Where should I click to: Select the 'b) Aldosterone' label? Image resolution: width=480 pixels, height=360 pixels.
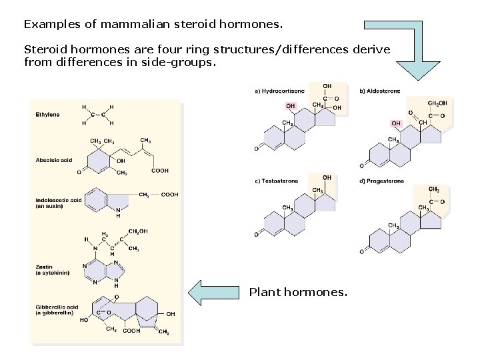click(380, 91)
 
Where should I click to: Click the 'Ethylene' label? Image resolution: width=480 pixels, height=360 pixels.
click(47, 115)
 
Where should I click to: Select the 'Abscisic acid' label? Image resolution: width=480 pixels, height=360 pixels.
click(53, 160)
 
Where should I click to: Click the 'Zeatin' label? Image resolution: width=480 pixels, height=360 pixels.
click(45, 267)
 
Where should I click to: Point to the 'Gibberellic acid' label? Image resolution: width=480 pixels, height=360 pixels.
click(57, 307)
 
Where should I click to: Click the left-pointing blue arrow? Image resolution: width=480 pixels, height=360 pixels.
click(214, 292)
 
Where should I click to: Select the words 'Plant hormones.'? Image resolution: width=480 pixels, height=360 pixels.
click(298, 292)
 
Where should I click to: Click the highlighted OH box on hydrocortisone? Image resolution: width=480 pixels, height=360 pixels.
click(291, 105)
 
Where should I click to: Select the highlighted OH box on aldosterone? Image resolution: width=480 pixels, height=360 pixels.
click(396, 123)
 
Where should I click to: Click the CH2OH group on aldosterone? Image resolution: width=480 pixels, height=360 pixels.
click(437, 103)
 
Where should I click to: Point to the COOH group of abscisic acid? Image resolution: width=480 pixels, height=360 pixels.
click(160, 171)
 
